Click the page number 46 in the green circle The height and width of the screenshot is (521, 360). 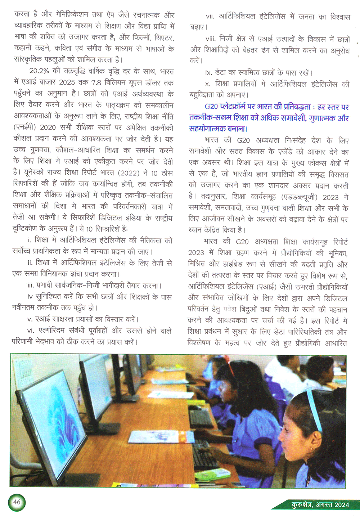pos(17,502)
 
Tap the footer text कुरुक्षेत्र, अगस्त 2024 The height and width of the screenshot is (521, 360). pos(320,505)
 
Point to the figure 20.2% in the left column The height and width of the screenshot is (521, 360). pos(39,71)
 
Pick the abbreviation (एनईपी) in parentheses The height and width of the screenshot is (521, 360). pos(25,127)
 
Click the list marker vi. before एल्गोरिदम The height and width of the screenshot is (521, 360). pos(31,331)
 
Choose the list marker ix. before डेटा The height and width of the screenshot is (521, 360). pos(208,73)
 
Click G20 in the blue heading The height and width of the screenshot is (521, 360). pos(212,107)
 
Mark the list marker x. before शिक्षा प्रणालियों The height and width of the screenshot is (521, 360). pos(208,84)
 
